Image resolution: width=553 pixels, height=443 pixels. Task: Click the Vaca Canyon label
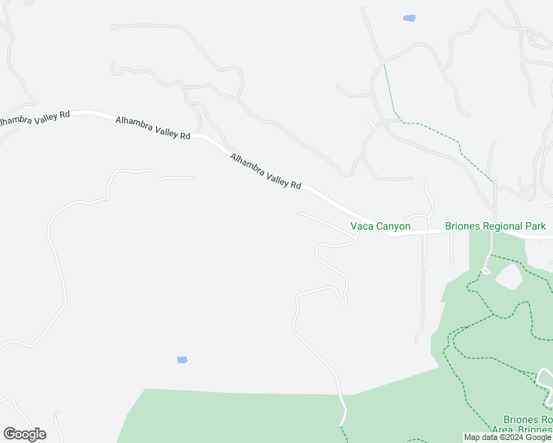click(380, 226)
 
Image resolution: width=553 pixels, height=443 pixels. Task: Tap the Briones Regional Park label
click(495, 226)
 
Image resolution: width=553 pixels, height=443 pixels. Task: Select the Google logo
click(24, 434)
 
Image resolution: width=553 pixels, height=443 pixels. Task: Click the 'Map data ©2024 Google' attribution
click(508, 437)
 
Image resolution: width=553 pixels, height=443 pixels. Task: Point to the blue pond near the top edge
click(408, 18)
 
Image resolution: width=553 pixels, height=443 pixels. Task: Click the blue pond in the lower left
click(183, 360)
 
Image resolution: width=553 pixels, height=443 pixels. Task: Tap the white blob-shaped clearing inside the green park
click(508, 277)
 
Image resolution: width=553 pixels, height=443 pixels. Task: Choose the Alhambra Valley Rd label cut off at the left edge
click(34, 117)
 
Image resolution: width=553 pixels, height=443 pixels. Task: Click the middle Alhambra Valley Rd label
click(153, 128)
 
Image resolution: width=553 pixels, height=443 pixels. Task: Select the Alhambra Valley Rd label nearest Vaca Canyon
click(265, 171)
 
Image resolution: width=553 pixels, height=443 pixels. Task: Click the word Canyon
click(393, 226)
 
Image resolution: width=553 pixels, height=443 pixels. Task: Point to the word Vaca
click(362, 226)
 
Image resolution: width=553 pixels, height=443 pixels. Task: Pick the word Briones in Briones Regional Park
click(462, 226)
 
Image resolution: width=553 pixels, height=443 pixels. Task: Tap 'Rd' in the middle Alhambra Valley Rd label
click(185, 136)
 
